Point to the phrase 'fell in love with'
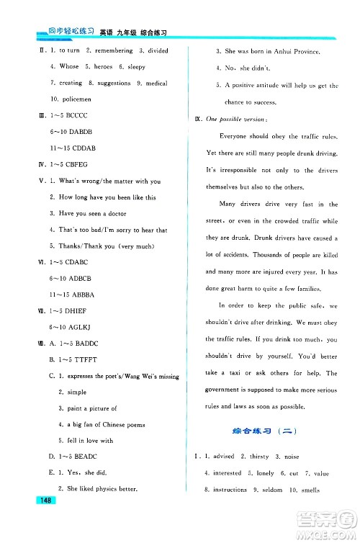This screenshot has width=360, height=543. [90, 440]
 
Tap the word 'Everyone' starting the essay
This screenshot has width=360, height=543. [233, 136]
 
